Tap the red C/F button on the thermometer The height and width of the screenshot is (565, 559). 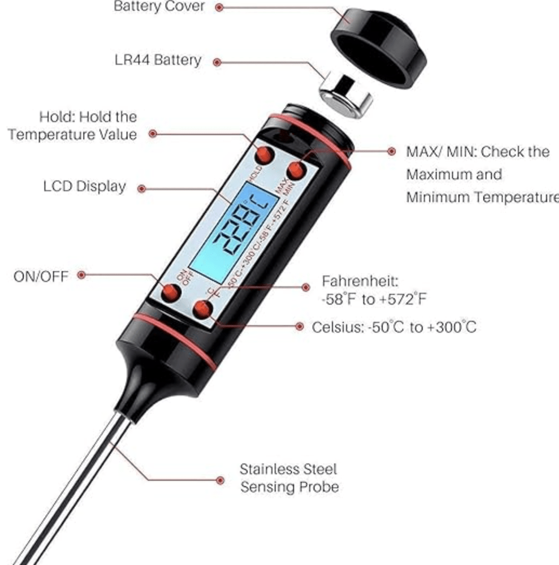click(x=203, y=310)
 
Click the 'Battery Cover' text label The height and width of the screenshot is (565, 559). click(x=159, y=7)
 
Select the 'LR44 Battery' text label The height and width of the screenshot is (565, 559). click(x=158, y=60)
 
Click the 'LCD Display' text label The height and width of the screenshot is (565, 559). click(x=84, y=187)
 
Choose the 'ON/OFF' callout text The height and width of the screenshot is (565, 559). click(x=41, y=276)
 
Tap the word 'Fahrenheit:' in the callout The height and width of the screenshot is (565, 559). click(x=360, y=281)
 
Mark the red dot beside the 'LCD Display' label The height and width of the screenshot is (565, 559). click(x=142, y=189)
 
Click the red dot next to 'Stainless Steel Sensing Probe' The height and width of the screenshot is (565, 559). click(x=220, y=480)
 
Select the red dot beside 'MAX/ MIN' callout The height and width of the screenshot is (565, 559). click(x=391, y=152)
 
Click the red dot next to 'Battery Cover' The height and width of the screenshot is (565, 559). click(x=219, y=8)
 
